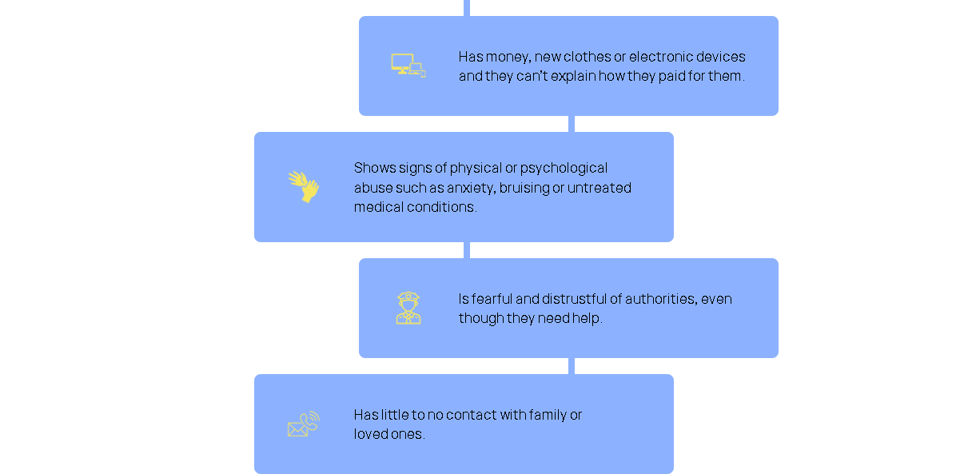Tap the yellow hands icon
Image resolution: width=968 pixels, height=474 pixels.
[x=304, y=186]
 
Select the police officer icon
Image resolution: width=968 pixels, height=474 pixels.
[x=408, y=308]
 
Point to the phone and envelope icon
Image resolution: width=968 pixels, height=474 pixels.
[x=304, y=424]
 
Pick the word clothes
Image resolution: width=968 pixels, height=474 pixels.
[x=586, y=57]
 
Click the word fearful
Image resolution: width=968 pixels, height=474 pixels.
[x=492, y=299]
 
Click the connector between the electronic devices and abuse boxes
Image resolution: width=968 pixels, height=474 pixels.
[x=572, y=124]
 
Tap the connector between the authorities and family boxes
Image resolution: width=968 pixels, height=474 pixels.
[x=572, y=366]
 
